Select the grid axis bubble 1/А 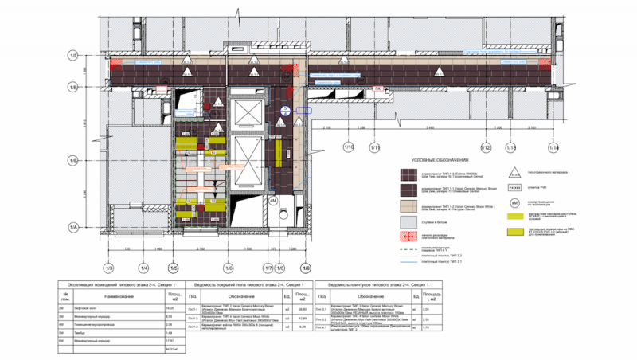[x=72, y=229]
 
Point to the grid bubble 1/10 [x=348, y=147]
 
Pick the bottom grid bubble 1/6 [x=228, y=268]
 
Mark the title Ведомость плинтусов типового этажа [x=375, y=284]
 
